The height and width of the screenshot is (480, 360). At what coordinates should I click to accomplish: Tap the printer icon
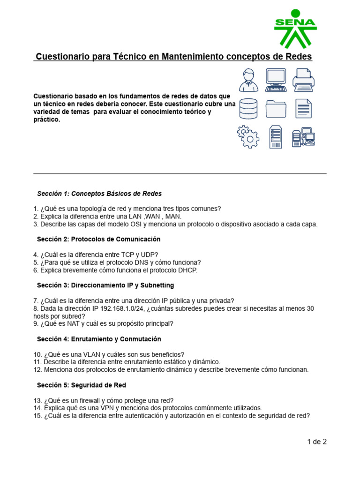(303, 80)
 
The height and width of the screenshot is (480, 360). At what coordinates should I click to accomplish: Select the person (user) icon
(248, 80)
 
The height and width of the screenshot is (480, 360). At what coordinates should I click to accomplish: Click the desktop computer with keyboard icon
(276, 80)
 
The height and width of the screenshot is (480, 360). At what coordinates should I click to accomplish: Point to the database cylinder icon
(248, 108)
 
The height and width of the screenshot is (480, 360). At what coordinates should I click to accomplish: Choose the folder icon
(276, 109)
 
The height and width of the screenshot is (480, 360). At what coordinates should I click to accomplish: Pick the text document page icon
(303, 108)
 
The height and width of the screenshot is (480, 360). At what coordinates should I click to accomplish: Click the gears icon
(248, 137)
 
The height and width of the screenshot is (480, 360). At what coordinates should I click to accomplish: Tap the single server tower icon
(276, 137)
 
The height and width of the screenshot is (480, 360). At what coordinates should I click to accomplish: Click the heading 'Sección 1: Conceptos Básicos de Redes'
(99, 194)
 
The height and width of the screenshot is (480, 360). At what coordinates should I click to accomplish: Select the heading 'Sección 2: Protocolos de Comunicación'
(98, 239)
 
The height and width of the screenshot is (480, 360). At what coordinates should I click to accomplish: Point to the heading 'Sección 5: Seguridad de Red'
(81, 385)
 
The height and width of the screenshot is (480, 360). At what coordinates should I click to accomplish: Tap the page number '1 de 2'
(316, 441)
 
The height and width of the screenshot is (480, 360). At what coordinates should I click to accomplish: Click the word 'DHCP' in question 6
(187, 270)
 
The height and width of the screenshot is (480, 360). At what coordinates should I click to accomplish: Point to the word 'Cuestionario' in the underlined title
(60, 57)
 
